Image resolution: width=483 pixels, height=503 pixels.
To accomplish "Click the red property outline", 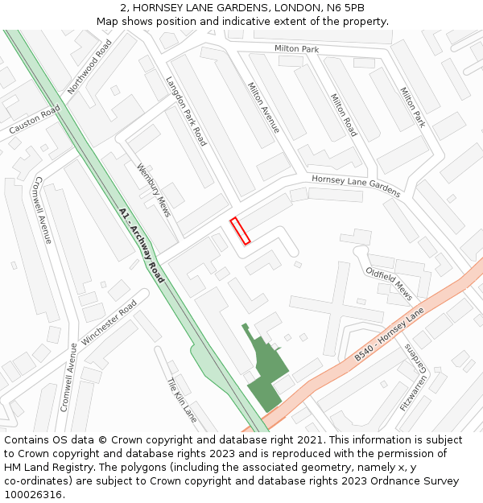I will [240, 230].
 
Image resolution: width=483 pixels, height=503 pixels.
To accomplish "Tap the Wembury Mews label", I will [153, 185].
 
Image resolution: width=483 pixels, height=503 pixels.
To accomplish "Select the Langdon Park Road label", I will [186, 111].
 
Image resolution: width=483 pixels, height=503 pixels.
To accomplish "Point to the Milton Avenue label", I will [264, 108].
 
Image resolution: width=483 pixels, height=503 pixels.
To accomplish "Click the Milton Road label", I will [344, 115].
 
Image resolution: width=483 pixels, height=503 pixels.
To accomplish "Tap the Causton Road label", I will [35, 120].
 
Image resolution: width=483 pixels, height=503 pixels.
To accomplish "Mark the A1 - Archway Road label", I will [142, 245].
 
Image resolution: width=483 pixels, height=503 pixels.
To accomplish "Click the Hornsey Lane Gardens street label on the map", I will [356, 186].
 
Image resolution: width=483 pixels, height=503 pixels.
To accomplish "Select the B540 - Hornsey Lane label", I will [389, 335].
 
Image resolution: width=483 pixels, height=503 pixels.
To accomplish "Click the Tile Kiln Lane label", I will [182, 400].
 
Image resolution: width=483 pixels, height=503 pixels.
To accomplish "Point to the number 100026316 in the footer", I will [34, 495].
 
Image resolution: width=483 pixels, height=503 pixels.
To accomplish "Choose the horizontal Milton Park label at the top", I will [296, 49].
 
